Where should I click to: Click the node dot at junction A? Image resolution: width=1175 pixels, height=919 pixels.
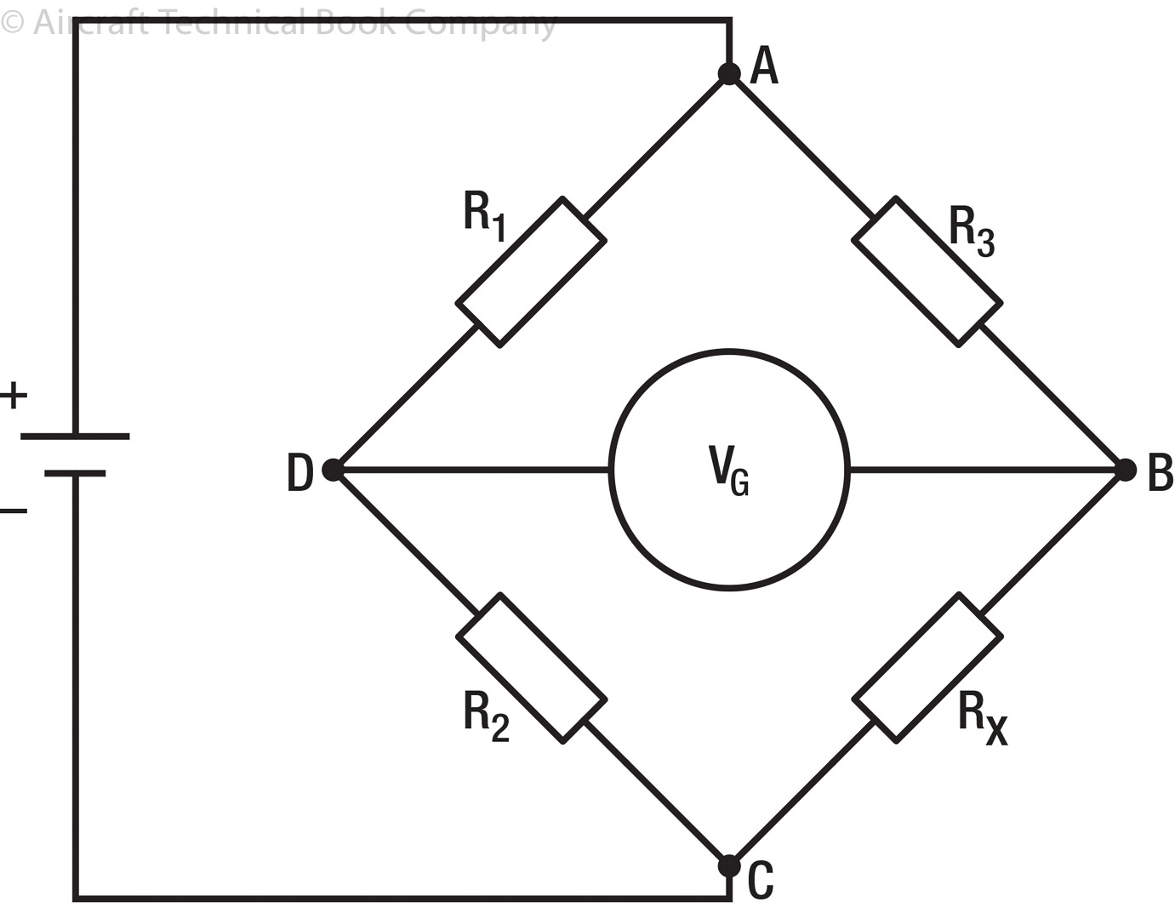tap(729, 74)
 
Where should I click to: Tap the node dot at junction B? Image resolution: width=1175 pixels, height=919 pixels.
tap(1126, 470)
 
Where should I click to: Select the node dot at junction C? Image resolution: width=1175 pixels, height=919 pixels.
tap(729, 866)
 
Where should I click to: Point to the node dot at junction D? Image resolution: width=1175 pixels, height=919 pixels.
tap(333, 470)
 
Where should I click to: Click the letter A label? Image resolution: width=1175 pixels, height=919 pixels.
tap(764, 66)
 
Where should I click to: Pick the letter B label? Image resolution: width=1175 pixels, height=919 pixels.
tap(1160, 473)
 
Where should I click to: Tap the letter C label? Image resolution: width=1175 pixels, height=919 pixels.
tap(761, 881)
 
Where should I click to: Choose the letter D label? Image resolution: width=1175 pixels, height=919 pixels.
tap(299, 473)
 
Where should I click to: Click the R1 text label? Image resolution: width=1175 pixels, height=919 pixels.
tap(485, 215)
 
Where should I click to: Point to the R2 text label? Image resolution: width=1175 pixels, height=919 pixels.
tap(487, 716)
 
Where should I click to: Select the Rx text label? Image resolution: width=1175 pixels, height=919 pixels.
tap(982, 717)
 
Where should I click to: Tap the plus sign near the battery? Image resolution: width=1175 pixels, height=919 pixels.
tap(14, 396)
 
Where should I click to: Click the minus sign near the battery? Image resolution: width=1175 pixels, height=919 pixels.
tap(14, 511)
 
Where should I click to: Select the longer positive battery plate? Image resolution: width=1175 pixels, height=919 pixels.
tap(75, 437)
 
